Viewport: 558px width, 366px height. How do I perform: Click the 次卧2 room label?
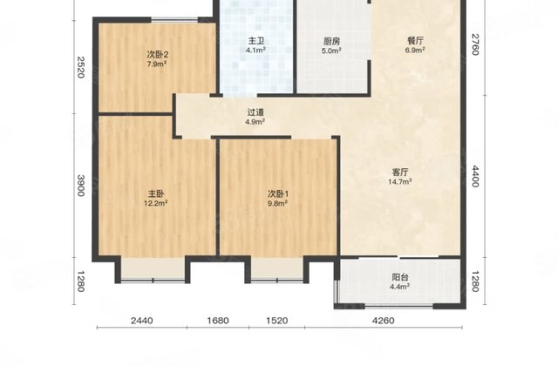tap(157, 54)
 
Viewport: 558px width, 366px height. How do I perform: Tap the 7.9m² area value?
tap(157, 64)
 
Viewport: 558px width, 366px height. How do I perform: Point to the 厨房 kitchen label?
tap(331, 40)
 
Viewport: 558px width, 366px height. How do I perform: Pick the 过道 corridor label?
tap(255, 112)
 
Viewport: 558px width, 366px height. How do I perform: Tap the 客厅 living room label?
tap(401, 172)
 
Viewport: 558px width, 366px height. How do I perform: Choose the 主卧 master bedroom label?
tap(155, 193)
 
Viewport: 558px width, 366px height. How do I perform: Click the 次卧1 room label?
tap(277, 193)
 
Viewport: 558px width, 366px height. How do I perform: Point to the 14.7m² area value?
tap(401, 182)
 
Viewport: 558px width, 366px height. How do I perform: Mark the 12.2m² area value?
tap(155, 204)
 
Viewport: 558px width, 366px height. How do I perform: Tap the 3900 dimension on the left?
tap(80, 186)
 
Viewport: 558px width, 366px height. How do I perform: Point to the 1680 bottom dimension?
tap(218, 321)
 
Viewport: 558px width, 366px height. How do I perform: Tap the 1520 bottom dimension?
tap(276, 321)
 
